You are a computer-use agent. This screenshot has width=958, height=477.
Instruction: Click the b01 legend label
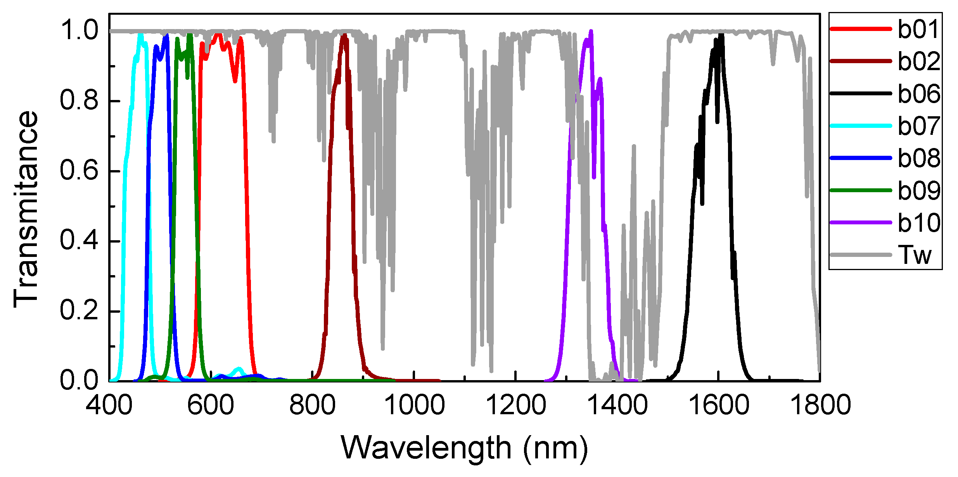(918, 29)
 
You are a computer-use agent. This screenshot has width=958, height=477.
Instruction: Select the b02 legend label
(918, 61)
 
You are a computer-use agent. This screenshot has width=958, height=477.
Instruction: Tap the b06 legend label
(918, 94)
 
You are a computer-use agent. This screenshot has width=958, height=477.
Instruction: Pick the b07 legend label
(918, 126)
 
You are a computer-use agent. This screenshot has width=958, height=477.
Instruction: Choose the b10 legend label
(918, 223)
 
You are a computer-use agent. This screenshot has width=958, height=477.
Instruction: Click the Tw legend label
(915, 255)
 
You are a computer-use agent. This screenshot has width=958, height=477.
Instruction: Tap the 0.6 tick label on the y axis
(79, 171)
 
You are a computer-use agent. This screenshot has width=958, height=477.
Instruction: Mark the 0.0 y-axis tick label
(79, 381)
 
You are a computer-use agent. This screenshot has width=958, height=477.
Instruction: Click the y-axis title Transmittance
(26, 209)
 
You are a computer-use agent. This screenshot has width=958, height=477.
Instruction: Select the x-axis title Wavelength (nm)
(464, 448)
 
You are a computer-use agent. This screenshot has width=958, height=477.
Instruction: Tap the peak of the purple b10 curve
(591, 31)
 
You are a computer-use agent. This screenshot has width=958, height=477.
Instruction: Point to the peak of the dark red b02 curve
(344, 35)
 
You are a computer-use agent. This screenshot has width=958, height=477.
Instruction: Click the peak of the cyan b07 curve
(141, 34)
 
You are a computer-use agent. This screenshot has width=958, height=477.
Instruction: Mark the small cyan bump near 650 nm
(239, 369)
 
